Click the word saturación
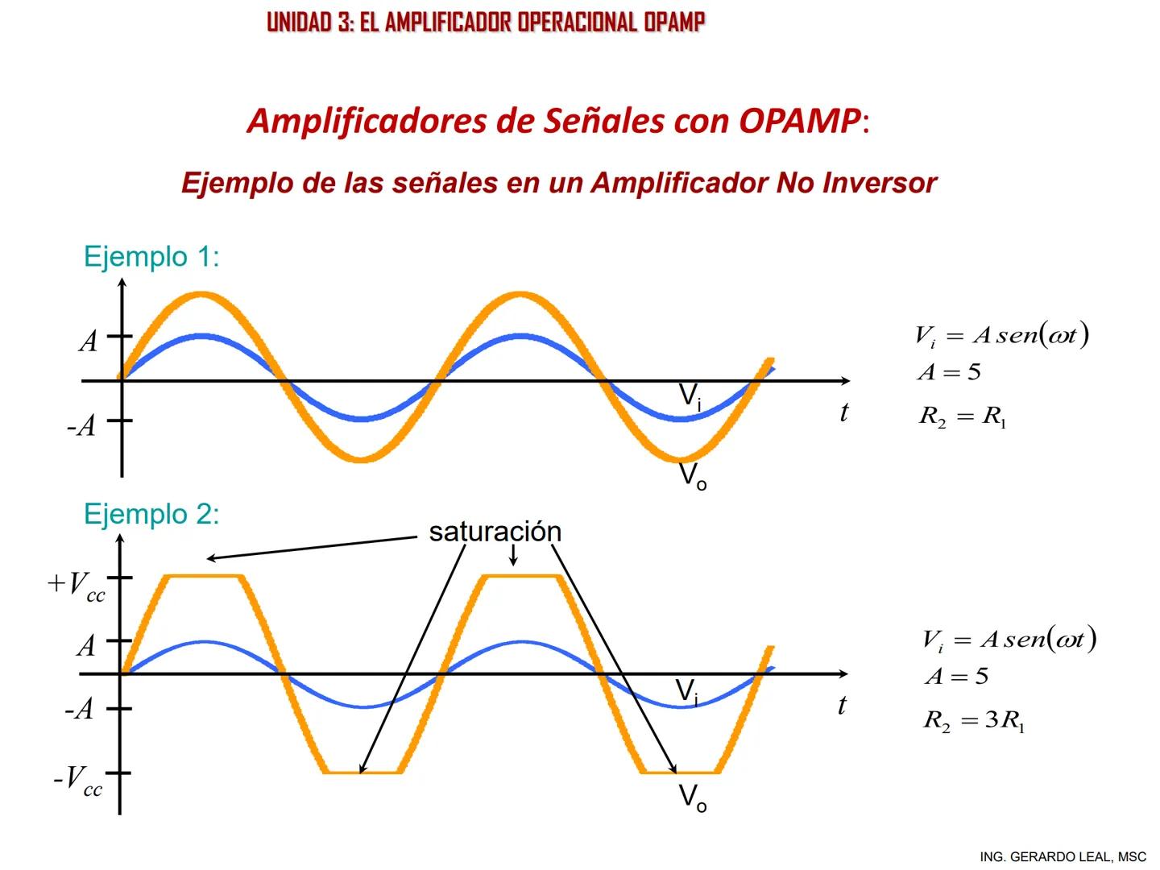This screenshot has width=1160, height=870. click(x=495, y=532)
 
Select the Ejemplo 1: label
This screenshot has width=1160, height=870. click(x=151, y=257)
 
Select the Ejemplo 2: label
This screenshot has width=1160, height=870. click(x=151, y=514)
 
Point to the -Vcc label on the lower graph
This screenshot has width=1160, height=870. click(x=78, y=781)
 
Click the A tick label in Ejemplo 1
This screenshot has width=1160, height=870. click(x=89, y=342)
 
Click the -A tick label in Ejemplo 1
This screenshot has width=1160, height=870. click(x=81, y=425)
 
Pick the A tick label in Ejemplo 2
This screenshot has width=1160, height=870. click(x=86, y=645)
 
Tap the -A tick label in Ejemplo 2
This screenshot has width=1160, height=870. click(x=80, y=710)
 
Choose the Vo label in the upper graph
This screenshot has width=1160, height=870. click(x=693, y=476)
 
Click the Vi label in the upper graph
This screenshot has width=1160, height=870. click(x=690, y=396)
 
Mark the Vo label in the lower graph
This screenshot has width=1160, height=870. click(x=693, y=797)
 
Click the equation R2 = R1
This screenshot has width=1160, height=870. click(x=963, y=416)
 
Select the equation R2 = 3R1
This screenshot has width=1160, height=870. click(x=973, y=720)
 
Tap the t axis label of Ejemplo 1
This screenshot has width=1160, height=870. click(x=843, y=412)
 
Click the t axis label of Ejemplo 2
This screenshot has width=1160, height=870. click(x=842, y=706)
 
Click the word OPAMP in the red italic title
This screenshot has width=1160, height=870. click(x=799, y=121)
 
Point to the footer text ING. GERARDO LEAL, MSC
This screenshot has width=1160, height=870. click(x=1063, y=856)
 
